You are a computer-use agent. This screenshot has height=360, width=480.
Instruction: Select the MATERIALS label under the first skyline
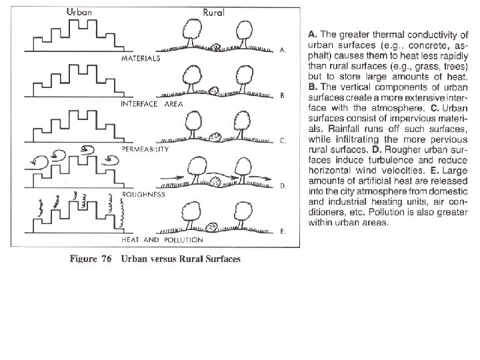141,59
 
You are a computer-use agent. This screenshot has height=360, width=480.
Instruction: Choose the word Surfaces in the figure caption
218,259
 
